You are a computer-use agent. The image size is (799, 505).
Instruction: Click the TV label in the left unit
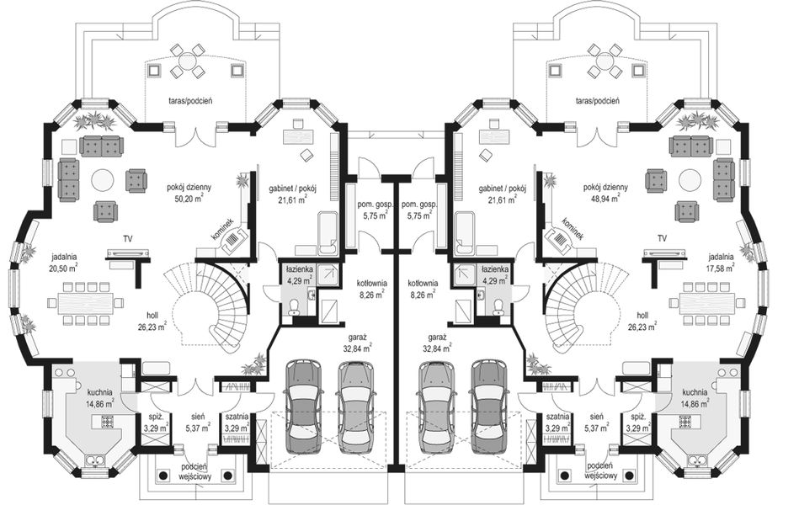coord(128,238)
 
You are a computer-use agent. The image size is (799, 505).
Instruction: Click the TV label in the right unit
coord(662,238)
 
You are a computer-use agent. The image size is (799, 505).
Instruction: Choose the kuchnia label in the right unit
coord(695,392)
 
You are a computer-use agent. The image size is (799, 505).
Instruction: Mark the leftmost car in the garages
coord(304,407)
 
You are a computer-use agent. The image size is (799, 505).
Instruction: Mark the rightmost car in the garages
coord(489,407)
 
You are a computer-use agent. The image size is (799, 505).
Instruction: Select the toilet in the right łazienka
coord(498,306)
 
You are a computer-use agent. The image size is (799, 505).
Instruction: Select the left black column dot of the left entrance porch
coord(163,476)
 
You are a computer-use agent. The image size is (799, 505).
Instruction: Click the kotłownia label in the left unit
coord(372,283)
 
